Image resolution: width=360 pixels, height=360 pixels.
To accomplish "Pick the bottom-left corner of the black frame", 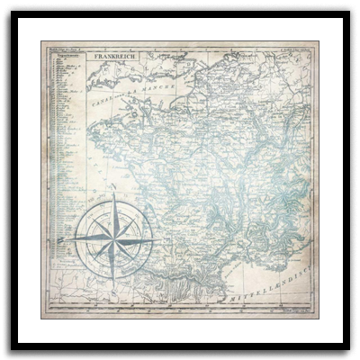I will click(2, 357).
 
